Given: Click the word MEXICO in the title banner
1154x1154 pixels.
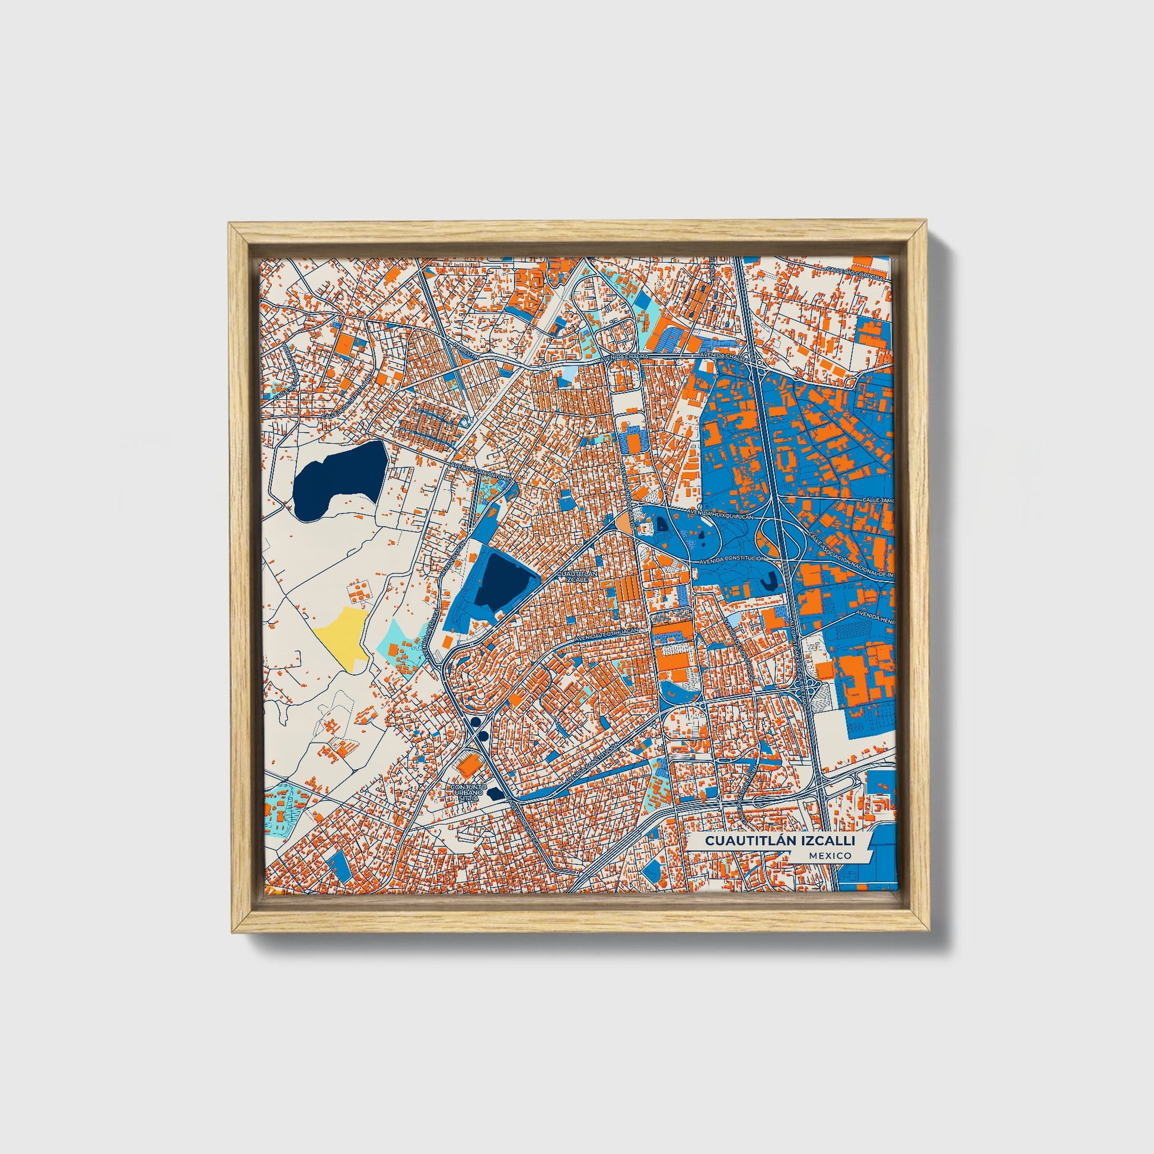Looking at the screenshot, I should pyautogui.click(x=831, y=855).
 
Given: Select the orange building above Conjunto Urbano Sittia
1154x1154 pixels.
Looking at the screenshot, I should pyautogui.click(x=468, y=763).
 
